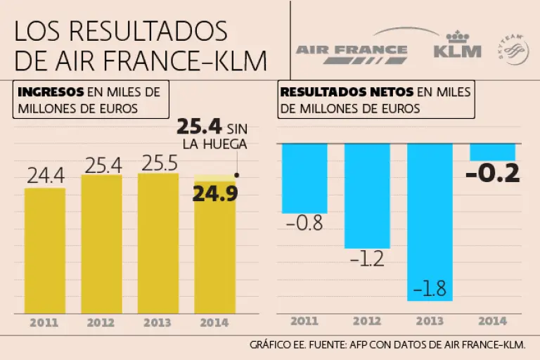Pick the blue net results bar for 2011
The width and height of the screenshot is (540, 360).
[304, 177]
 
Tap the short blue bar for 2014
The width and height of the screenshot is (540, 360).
[492, 152]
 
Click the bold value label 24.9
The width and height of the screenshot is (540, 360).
[215, 194]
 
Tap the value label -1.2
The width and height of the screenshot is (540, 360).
[366, 259]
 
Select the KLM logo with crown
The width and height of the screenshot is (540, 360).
[458, 45]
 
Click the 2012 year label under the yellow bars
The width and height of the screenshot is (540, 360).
[101, 324]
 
